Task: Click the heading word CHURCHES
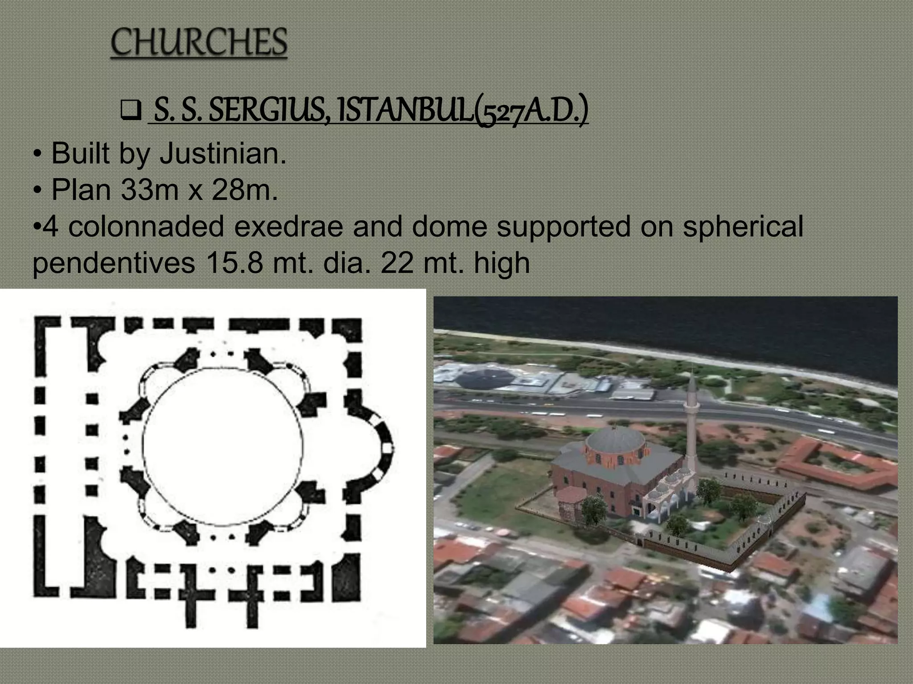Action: click(199, 43)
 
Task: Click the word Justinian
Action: click(223, 154)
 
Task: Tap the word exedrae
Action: click(288, 226)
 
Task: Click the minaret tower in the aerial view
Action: click(691, 427)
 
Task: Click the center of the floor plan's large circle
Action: click(223, 447)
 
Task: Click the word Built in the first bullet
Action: click(80, 154)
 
